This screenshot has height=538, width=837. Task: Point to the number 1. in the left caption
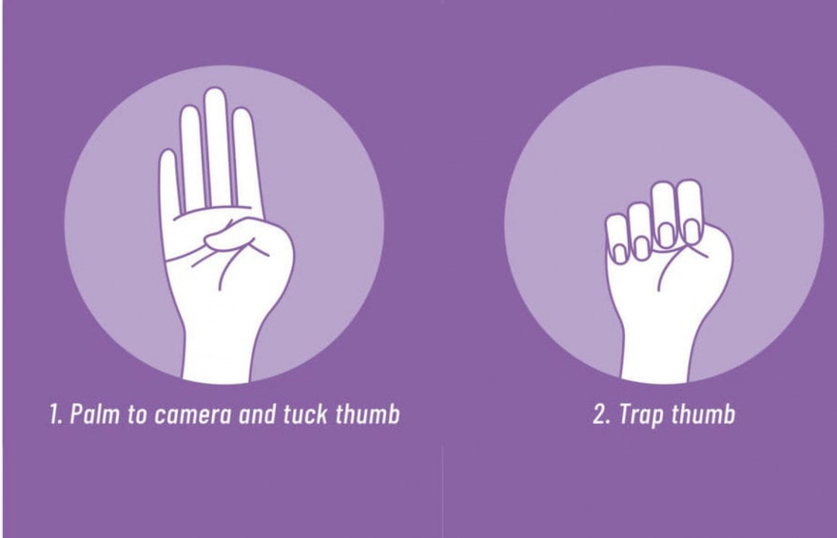point(55,414)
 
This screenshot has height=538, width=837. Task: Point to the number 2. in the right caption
point(602,414)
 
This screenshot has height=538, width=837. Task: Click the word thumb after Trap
point(703,414)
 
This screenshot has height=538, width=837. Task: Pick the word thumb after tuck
point(368,414)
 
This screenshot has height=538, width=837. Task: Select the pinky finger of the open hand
point(168,182)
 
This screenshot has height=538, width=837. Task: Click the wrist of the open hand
point(218,352)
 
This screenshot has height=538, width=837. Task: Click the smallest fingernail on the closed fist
point(620,253)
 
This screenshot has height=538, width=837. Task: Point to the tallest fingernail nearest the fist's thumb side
point(691,231)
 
